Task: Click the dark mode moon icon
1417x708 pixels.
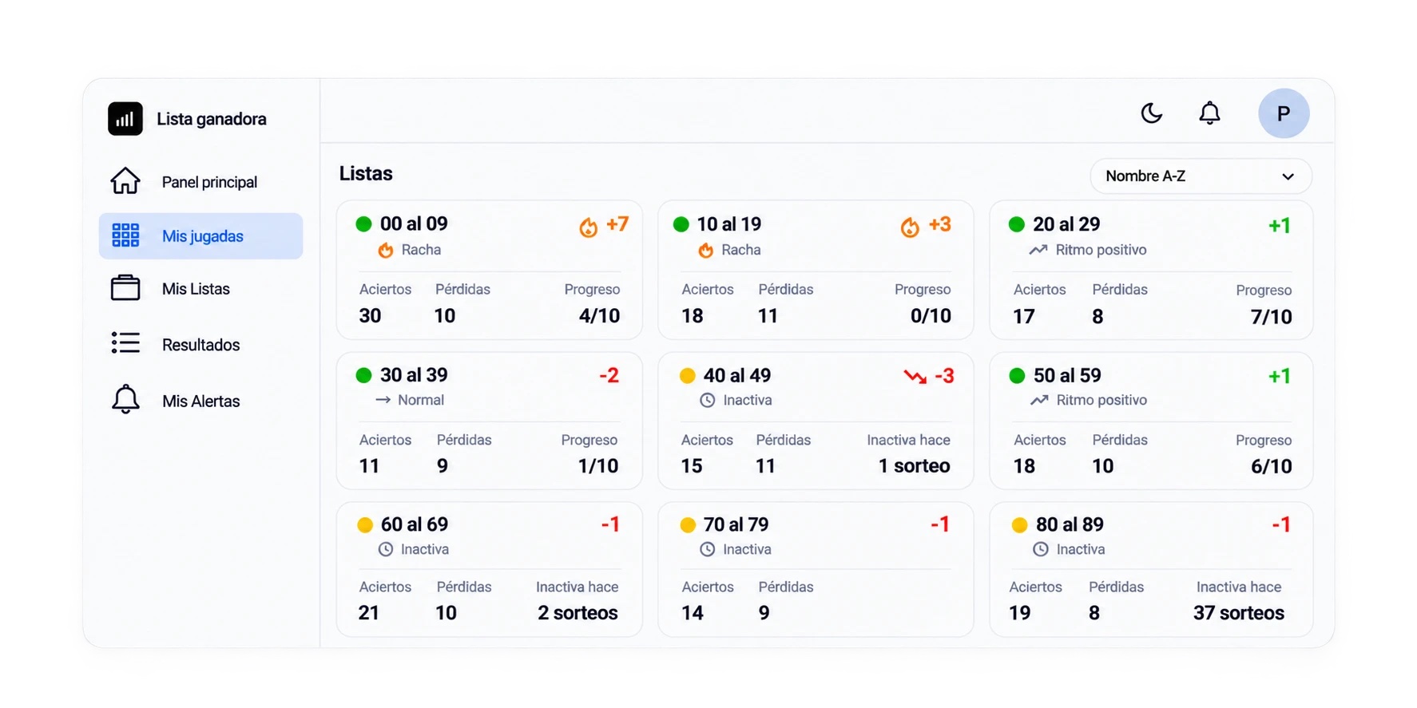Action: click(1151, 113)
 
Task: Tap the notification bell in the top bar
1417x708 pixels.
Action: click(1209, 113)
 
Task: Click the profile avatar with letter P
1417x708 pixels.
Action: click(1283, 113)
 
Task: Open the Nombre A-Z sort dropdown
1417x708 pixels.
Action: click(1201, 176)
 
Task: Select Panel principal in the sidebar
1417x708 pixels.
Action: click(209, 182)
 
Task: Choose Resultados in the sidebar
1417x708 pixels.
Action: click(200, 345)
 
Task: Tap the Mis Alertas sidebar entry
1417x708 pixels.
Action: click(200, 401)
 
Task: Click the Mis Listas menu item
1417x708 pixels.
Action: click(196, 289)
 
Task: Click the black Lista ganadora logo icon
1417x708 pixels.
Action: click(125, 119)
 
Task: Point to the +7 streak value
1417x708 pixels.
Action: click(617, 224)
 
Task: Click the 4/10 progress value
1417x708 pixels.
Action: click(599, 316)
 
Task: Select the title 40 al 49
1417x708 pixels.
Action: click(736, 375)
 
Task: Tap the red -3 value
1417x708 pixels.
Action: click(943, 376)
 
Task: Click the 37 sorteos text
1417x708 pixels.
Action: click(1238, 613)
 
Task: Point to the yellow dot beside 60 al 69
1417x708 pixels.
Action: click(365, 525)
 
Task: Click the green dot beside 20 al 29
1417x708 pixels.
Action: click(1016, 224)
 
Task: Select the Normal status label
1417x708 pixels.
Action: click(421, 400)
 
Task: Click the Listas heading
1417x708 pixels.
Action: click(366, 173)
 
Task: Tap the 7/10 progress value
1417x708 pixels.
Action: click(1271, 317)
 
